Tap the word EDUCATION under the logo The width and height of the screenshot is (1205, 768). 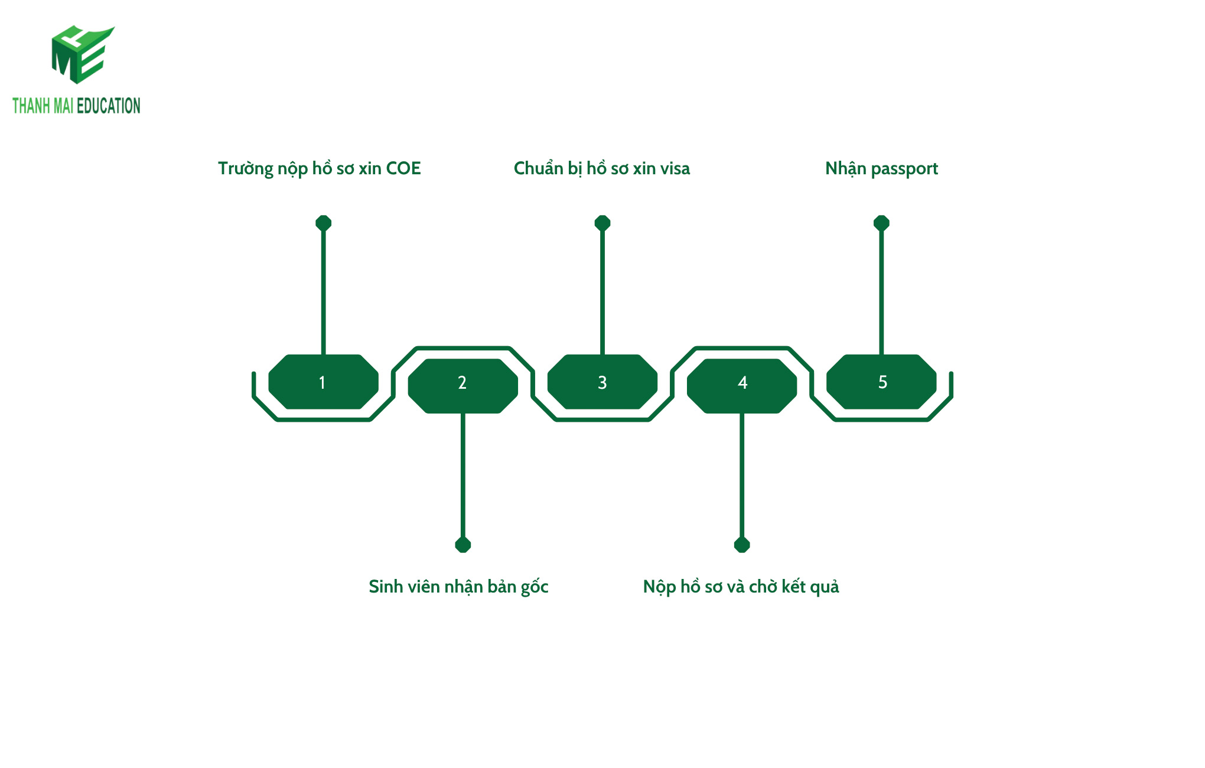(109, 106)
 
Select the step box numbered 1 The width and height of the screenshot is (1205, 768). (323, 382)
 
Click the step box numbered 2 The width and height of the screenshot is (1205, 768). (463, 386)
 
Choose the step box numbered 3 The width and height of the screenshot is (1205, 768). (602, 382)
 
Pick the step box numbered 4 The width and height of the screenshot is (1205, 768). (742, 386)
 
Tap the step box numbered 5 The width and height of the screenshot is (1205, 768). (881, 382)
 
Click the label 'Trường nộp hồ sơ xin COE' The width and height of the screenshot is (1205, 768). (319, 169)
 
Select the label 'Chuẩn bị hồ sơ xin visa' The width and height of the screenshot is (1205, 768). (601, 169)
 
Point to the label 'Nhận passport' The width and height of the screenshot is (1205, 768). (881, 169)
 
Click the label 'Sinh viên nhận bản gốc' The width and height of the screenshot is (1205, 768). (458, 587)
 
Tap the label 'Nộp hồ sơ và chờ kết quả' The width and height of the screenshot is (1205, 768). (741, 587)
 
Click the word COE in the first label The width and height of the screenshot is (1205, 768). (403, 169)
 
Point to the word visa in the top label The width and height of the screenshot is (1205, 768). (675, 169)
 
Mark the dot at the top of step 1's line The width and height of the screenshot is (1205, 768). (323, 223)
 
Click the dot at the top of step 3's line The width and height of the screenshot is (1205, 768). (602, 223)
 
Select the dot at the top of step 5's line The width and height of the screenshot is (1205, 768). (881, 223)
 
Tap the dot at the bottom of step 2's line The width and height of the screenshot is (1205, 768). (463, 545)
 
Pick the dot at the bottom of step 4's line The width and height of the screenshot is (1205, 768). (742, 545)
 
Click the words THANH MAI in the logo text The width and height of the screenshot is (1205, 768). (43, 106)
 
